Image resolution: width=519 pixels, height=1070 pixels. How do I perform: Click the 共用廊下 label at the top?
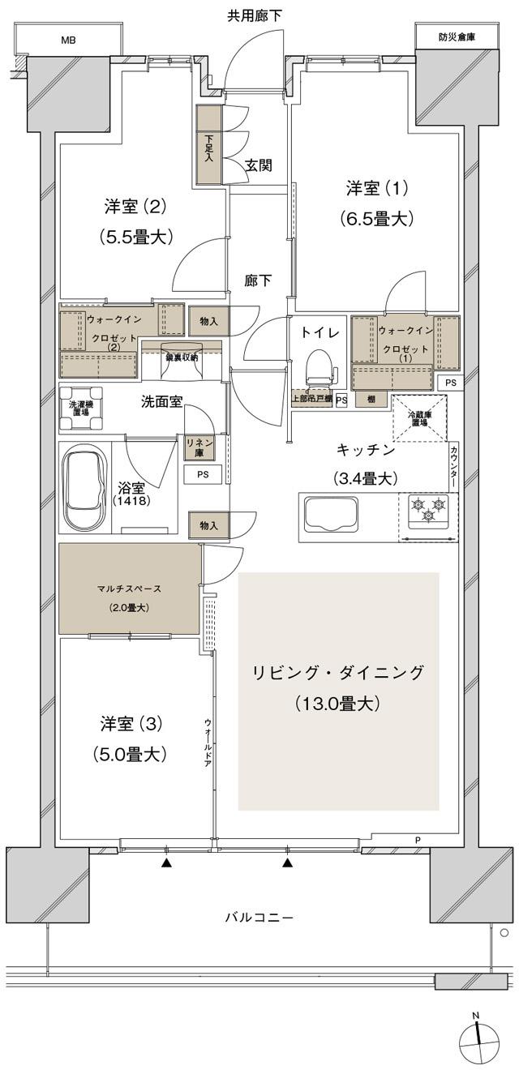(x=255, y=15)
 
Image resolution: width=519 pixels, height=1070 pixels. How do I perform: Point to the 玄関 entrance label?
(x=258, y=165)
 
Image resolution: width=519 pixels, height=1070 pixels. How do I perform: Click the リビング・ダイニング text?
(x=338, y=673)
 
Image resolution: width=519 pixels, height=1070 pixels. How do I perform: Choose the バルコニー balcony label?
(x=259, y=918)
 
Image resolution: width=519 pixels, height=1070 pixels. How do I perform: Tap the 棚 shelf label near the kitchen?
(x=370, y=399)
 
